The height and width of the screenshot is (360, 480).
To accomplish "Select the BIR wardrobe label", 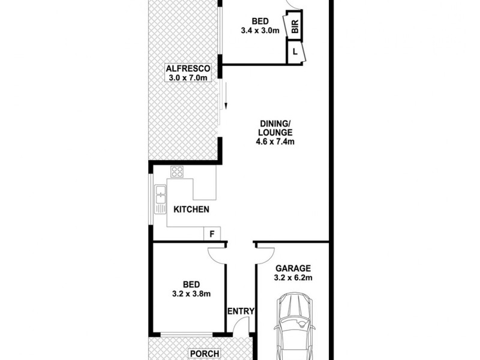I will (295, 27).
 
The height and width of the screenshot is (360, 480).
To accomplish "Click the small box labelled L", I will (295, 52).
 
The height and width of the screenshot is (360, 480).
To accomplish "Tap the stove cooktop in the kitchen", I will (176, 173).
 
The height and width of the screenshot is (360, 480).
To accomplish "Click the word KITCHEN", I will (191, 209).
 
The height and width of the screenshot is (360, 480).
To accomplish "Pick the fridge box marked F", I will (212, 233).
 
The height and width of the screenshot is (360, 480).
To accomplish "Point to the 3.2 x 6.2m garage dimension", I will (293, 278).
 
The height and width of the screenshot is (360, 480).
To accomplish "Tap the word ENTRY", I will (241, 311).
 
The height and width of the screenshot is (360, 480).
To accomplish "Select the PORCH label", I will (205, 353).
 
